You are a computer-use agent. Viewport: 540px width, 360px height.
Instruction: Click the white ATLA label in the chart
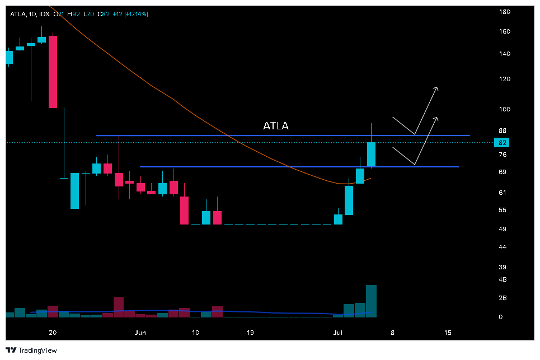click(x=276, y=126)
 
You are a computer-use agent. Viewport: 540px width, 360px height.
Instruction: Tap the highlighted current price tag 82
click(x=502, y=143)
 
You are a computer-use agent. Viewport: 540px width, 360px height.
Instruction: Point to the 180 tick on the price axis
click(x=504, y=12)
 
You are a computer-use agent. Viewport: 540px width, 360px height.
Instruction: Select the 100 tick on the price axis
click(x=504, y=109)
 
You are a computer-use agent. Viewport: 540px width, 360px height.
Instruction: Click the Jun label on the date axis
click(x=140, y=332)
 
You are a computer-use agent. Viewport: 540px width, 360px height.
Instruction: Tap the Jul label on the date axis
click(x=338, y=332)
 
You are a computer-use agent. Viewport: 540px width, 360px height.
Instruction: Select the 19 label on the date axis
click(x=250, y=332)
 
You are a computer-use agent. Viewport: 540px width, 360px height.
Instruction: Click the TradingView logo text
click(x=37, y=350)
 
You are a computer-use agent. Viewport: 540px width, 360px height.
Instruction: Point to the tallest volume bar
click(x=371, y=301)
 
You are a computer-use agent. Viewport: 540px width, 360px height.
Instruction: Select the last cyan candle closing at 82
click(x=371, y=155)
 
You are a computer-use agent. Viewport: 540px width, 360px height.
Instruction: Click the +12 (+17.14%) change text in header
click(x=130, y=14)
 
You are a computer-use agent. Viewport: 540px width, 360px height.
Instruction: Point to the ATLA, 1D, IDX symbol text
click(x=29, y=14)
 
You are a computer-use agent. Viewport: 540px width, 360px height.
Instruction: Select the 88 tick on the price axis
click(x=502, y=131)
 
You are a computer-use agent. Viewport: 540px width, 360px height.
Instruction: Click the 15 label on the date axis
click(x=448, y=332)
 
